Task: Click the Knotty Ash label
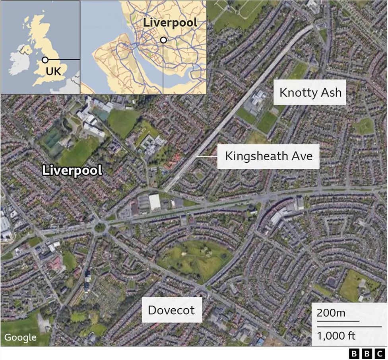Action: (x=310, y=93)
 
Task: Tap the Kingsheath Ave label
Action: (x=268, y=156)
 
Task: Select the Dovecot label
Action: (x=171, y=310)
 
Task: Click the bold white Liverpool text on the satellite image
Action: (x=72, y=171)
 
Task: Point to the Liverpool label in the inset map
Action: (x=170, y=22)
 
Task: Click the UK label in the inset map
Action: (x=53, y=72)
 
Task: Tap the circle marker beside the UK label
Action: (x=45, y=60)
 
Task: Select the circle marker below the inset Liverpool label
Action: (x=163, y=40)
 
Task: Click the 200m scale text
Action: (x=331, y=313)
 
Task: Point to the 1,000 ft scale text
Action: (x=336, y=336)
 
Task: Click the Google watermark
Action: (x=20, y=338)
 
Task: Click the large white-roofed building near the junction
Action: (x=154, y=202)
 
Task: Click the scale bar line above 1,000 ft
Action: (x=338, y=321)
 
